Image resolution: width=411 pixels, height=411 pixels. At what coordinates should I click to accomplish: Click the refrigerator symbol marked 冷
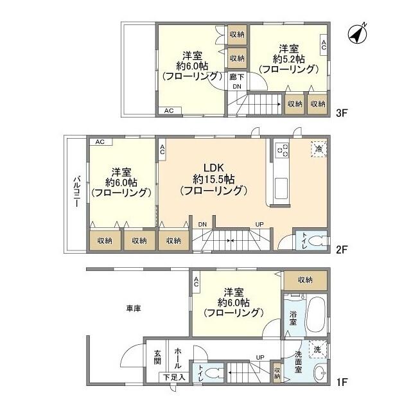pyautogui.click(x=319, y=148)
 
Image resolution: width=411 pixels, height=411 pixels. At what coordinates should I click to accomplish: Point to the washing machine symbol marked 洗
pyautogui.click(x=316, y=349)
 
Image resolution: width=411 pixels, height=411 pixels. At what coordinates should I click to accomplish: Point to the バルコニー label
pyautogui.click(x=76, y=190)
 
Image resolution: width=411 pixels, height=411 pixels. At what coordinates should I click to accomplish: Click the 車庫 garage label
pyautogui.click(x=133, y=308)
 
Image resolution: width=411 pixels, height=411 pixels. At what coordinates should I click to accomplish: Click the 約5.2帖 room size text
pyautogui.click(x=288, y=58)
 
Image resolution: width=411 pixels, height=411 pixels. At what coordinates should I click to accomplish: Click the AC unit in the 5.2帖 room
pyautogui.click(x=324, y=44)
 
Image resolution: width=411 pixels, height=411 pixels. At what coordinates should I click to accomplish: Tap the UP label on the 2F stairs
pyautogui.click(x=259, y=223)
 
